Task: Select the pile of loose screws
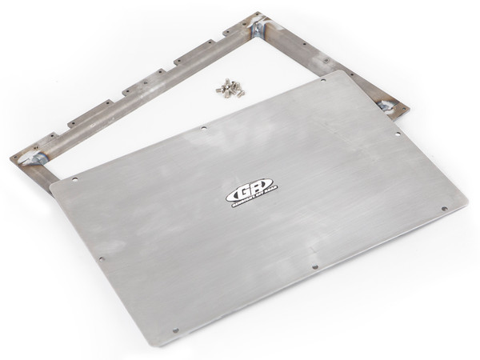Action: [x=230, y=87]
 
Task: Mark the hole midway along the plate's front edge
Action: [x=315, y=266]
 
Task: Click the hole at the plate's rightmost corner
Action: [x=442, y=210]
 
